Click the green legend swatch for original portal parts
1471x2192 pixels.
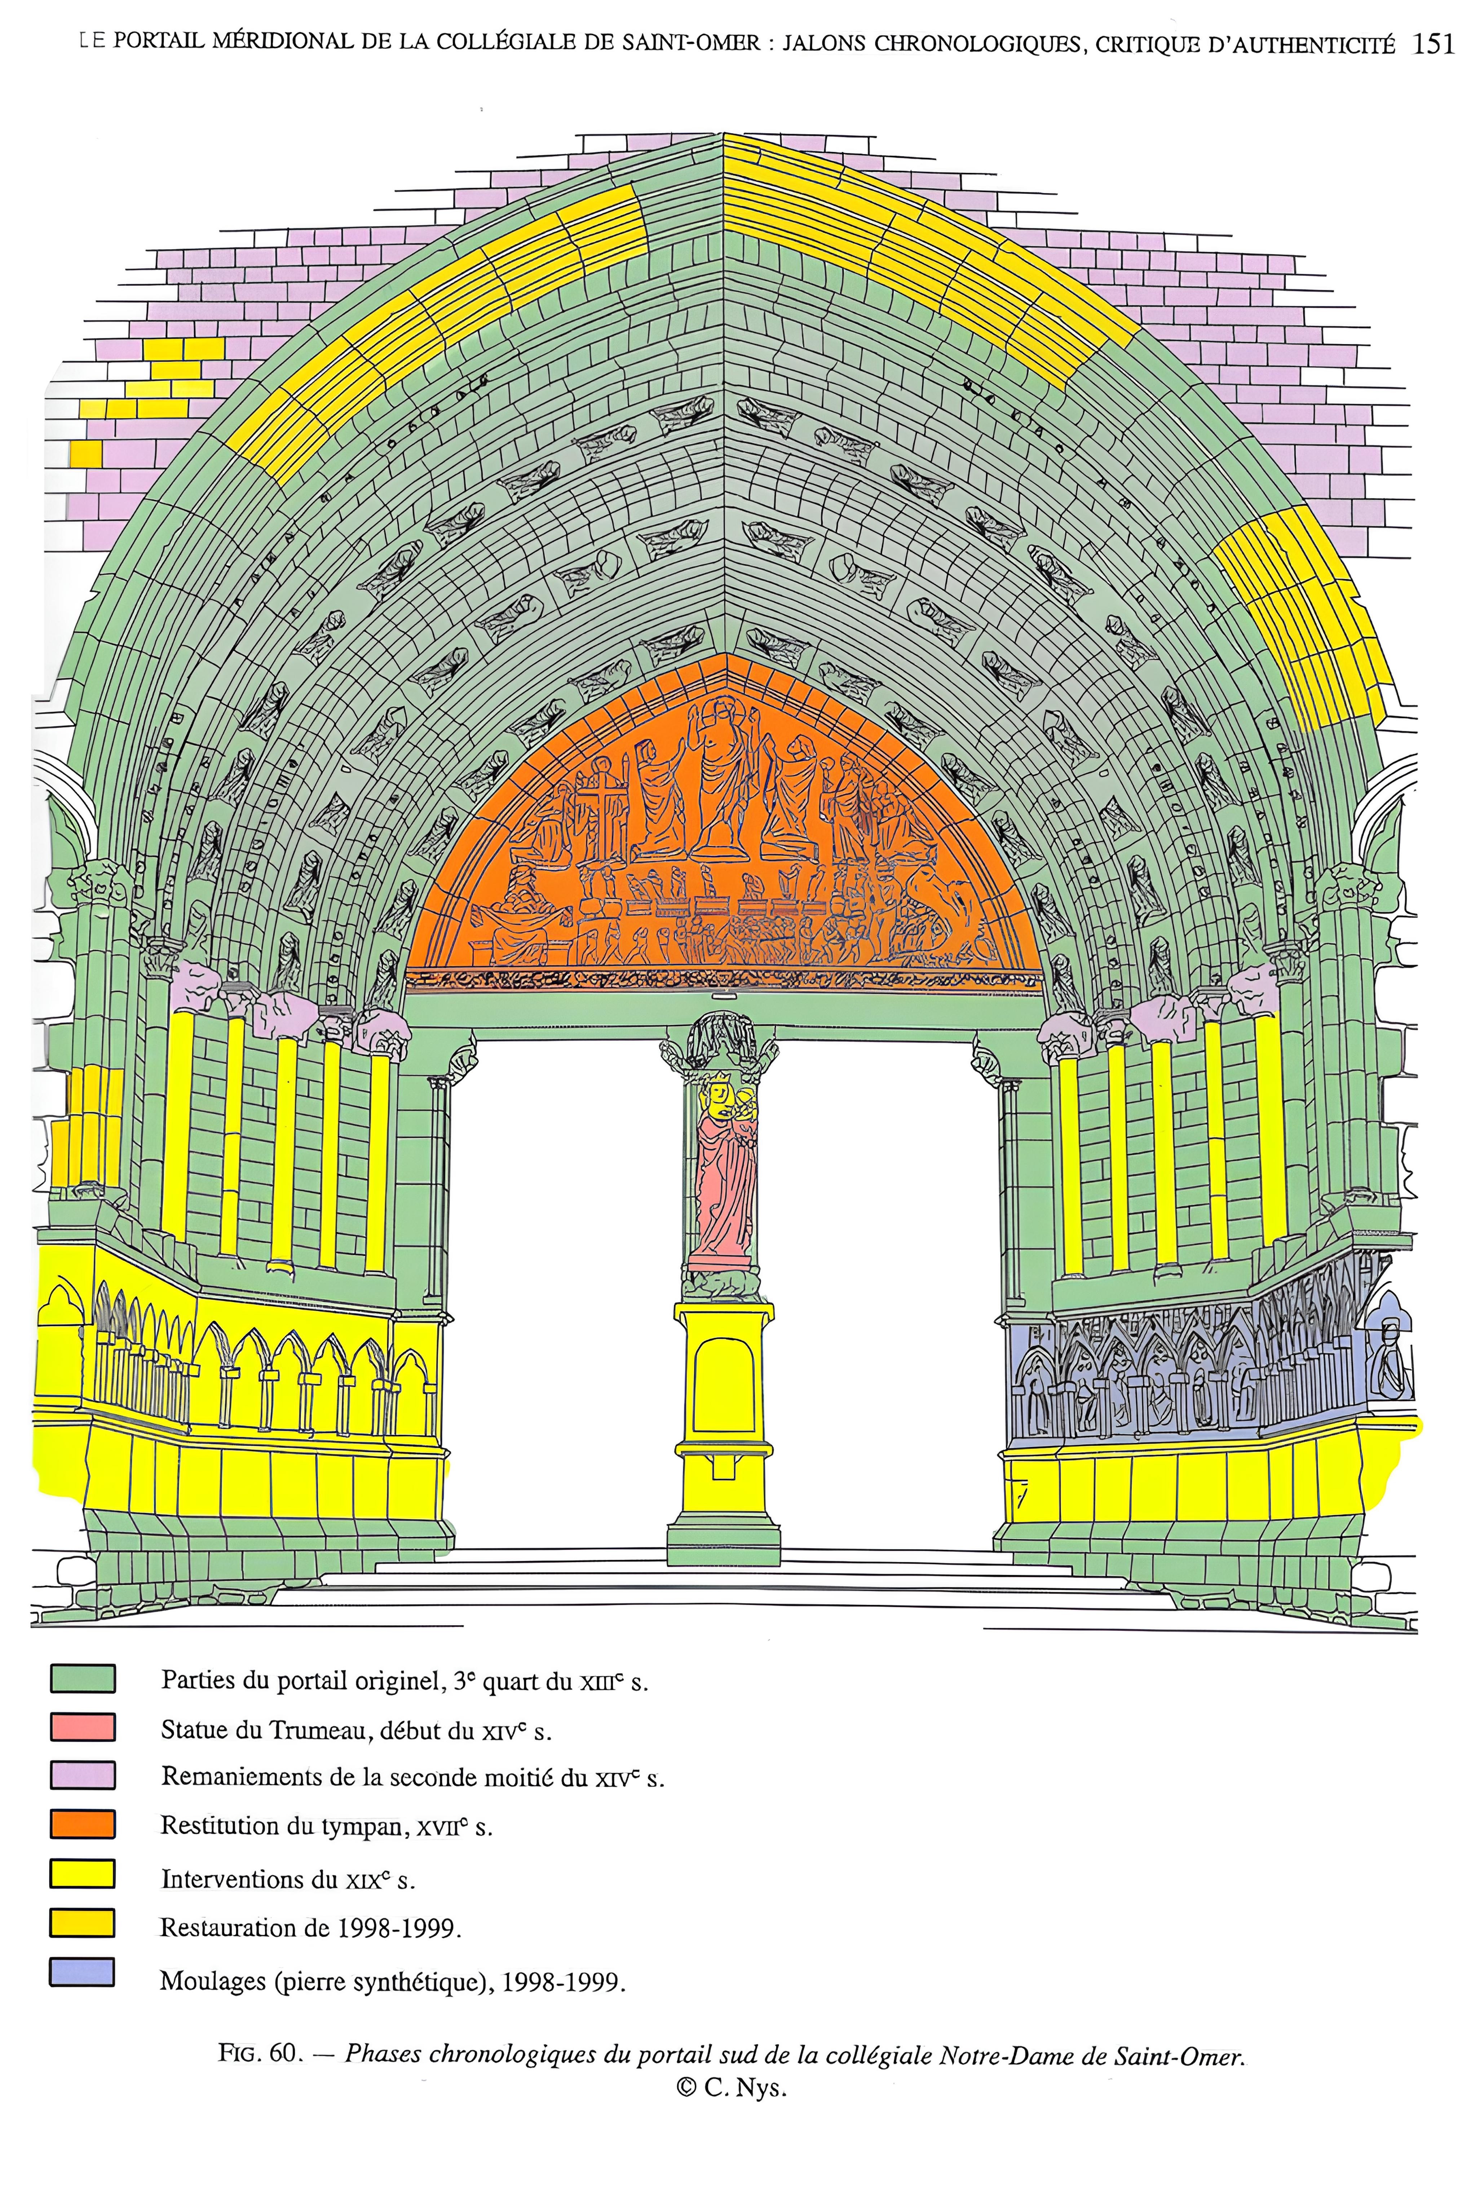coord(83,1678)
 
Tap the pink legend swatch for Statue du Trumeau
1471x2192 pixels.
coord(83,1727)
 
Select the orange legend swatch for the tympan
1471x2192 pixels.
coord(83,1824)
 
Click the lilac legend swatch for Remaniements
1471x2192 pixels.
coord(83,1775)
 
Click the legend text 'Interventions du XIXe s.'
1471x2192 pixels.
coord(287,1879)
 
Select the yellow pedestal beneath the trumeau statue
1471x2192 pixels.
coord(723,1388)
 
